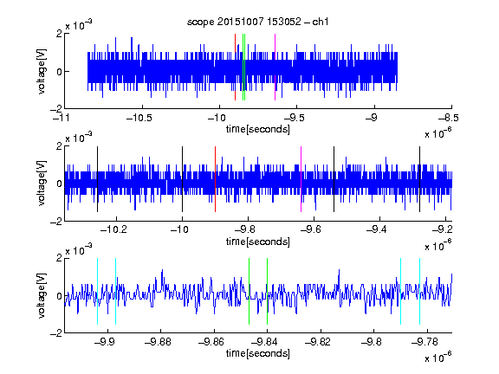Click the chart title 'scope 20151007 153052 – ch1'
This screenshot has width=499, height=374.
coord(258,22)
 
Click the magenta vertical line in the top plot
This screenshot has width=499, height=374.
coord(275,68)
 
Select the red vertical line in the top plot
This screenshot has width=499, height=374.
coord(235,68)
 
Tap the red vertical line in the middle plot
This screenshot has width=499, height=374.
coord(215,179)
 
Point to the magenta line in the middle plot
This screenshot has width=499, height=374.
coord(301,179)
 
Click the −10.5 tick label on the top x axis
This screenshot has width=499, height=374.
coord(139,118)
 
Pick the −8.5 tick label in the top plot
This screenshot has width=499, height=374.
coord(449,118)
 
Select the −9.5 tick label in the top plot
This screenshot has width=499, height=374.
coord(294,118)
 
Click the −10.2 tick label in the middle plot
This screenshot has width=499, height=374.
coord(113,229)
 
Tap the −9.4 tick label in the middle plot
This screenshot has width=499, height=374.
coord(377,229)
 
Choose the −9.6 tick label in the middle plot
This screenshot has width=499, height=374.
coord(311,229)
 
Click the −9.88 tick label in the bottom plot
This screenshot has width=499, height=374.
coord(158,342)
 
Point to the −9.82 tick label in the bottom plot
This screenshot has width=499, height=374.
coord(317,342)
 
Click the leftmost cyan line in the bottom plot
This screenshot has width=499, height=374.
coord(97,291)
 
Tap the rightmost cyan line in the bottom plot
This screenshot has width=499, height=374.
coord(419,291)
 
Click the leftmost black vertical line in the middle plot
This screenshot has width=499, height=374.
coord(97,179)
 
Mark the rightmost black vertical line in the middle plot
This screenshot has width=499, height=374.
coord(419,179)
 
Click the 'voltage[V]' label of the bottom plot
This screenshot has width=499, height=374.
coord(42,295)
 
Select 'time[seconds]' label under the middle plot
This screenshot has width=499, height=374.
coord(258,242)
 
